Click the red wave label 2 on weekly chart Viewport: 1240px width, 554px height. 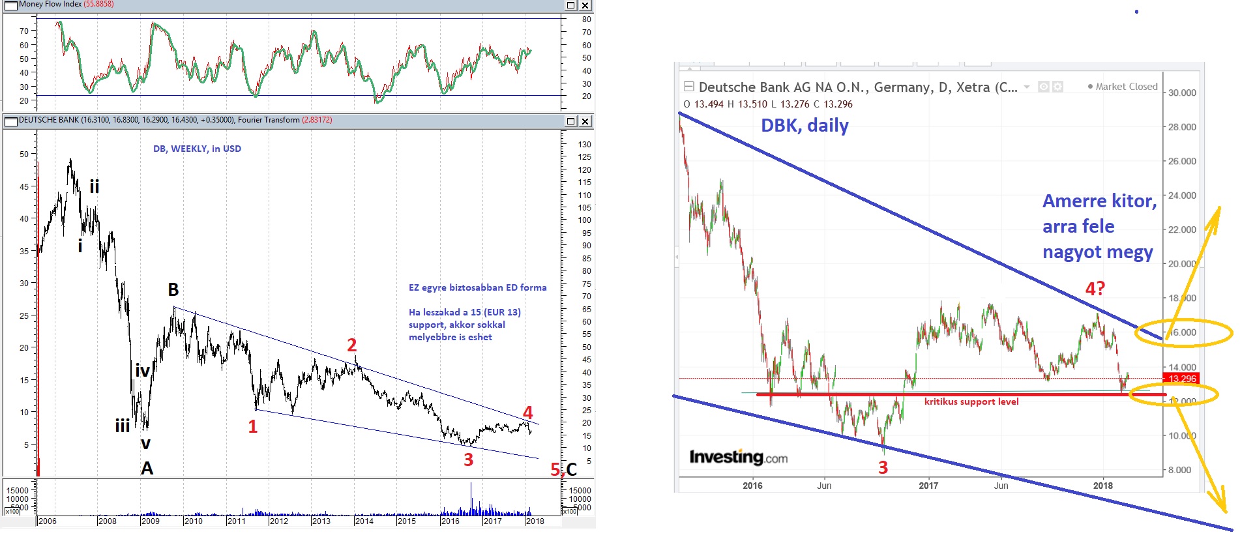[352, 345]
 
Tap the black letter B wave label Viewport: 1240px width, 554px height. [173, 289]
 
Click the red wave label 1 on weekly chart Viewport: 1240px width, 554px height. [253, 427]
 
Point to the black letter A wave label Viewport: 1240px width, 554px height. [147, 468]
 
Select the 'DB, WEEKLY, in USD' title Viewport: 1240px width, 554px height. [197, 149]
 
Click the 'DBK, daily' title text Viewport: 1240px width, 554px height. [805, 125]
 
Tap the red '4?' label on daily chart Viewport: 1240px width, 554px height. [1095, 288]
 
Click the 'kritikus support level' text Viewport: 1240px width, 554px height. [971, 402]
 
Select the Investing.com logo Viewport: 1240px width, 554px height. [738, 458]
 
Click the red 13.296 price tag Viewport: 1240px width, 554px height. [1181, 379]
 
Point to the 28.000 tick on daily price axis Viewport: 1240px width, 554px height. [1182, 127]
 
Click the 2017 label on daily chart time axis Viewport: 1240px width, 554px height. [928, 486]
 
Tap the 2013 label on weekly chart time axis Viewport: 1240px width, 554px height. [321, 521]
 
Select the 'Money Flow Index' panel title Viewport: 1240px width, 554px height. [50, 4]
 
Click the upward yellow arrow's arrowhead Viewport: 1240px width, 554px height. [1216, 212]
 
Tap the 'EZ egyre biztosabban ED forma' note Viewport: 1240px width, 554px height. [477, 287]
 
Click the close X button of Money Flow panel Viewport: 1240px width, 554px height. [585, 5]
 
